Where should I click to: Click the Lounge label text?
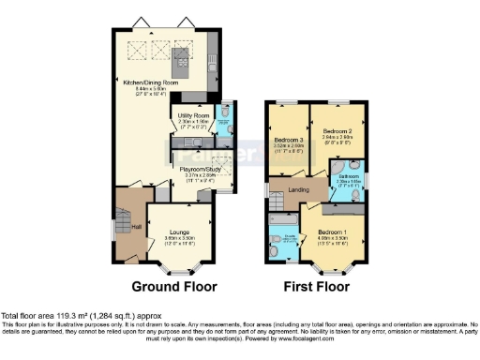[x=181, y=231]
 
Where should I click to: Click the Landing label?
[x=299, y=191]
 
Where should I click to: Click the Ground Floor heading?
[x=173, y=286]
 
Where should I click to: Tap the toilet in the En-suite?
[x=273, y=250]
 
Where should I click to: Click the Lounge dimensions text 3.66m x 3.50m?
[x=181, y=238]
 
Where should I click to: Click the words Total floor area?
[x=25, y=316]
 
